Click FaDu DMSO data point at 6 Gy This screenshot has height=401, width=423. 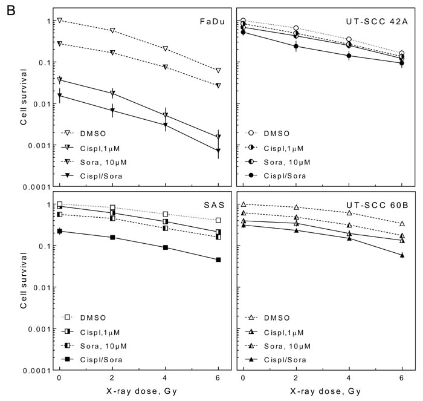pos(218,71)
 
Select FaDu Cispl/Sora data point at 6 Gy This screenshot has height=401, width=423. pos(218,150)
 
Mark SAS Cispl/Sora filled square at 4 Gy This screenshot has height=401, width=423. pos(165,247)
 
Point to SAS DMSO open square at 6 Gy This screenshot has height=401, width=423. pos(218,220)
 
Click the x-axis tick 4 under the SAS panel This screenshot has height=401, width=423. pos(165,379)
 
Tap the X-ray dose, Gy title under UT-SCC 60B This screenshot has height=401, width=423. pos(324,391)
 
